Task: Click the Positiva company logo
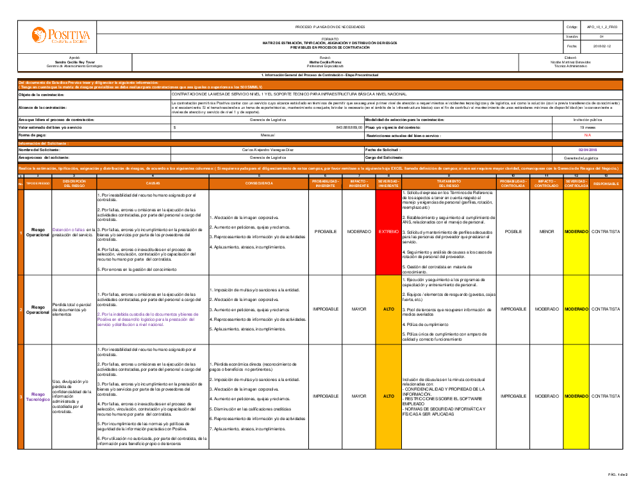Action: (x=62, y=36)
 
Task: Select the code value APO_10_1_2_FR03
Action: (x=602, y=27)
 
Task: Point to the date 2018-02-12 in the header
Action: (x=602, y=46)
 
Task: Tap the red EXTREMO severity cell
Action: (x=388, y=231)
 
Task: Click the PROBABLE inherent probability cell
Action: (x=325, y=231)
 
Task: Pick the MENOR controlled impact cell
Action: (x=547, y=231)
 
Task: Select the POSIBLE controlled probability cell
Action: (x=513, y=231)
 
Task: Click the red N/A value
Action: (x=588, y=136)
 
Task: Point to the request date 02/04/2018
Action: (x=588, y=149)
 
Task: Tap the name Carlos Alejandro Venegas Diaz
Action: (x=267, y=149)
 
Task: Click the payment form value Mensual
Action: (x=267, y=136)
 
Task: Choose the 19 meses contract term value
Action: (x=588, y=127)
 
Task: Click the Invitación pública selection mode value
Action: (x=588, y=120)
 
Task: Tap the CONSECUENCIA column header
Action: (x=259, y=183)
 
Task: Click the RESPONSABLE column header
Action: (x=606, y=183)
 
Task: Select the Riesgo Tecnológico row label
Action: (x=38, y=396)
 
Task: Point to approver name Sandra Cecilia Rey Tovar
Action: (x=74, y=62)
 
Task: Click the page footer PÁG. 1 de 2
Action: (x=618, y=474)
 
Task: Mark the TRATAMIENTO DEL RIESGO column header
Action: (x=449, y=183)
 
